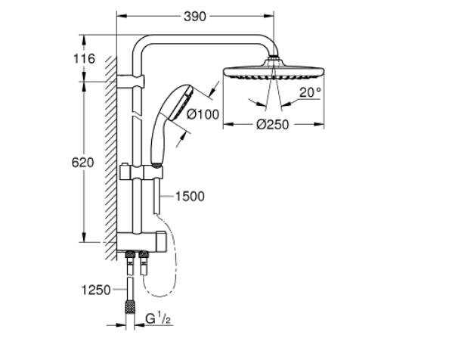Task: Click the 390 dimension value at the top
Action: pyautogui.click(x=195, y=17)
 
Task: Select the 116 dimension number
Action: pyautogui.click(x=84, y=59)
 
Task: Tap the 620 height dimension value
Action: pyautogui.click(x=82, y=163)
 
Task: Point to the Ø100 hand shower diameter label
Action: pyautogui.click(x=203, y=114)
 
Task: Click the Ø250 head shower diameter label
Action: pyautogui.click(x=273, y=125)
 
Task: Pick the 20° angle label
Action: pyautogui.click(x=310, y=92)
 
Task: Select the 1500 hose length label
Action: pyautogui.click(x=190, y=197)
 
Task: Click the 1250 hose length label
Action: pyautogui.click(x=96, y=290)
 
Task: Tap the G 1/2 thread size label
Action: pyautogui.click(x=158, y=318)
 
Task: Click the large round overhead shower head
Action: pyautogui.click(x=274, y=72)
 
